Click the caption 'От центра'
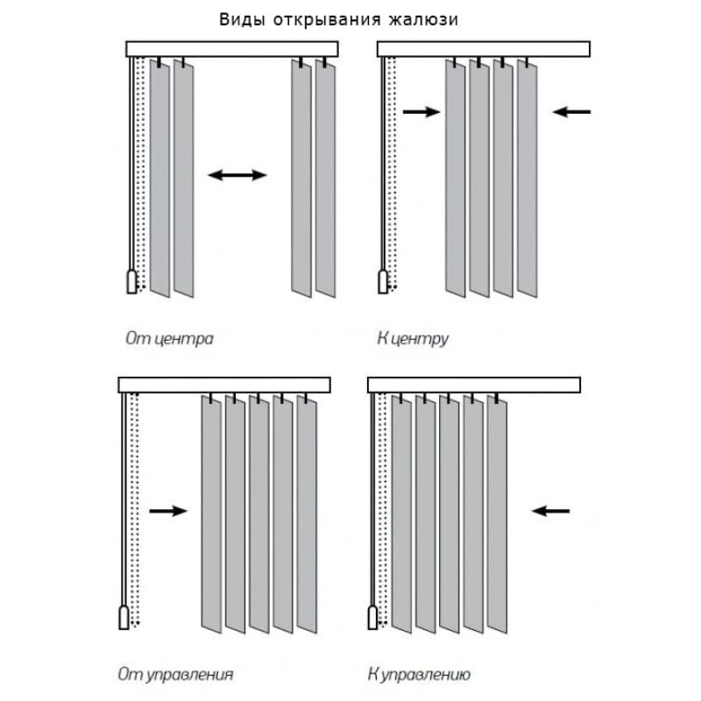[x=169, y=337]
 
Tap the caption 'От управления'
[x=175, y=675]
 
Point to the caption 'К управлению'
[x=420, y=675]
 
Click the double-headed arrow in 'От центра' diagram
[x=237, y=175]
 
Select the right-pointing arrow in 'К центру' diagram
[x=421, y=111]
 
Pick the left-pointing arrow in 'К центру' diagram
[x=573, y=111]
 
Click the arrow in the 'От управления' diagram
[x=167, y=511]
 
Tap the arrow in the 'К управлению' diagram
[x=551, y=510]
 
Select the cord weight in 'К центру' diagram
[x=383, y=281]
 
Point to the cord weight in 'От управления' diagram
[x=124, y=618]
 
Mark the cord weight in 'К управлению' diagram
[x=373, y=618]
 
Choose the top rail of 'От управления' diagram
[x=224, y=385]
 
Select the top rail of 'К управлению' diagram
[x=474, y=385]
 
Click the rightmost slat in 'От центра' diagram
[x=325, y=180]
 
